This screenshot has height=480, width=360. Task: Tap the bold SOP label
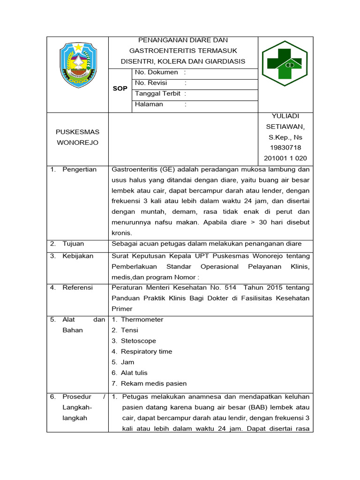[120, 89]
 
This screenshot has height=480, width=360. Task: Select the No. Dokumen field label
[157, 73]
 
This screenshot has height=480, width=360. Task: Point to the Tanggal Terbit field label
[157, 94]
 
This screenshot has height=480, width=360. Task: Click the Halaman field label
[149, 105]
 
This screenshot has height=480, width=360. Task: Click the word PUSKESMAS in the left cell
[77, 132]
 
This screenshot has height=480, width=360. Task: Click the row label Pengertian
[79, 170]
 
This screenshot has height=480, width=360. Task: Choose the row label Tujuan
[73, 244]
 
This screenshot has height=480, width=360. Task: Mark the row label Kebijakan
[78, 256]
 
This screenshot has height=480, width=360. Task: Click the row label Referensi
[77, 288]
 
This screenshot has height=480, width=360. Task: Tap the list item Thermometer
[142, 320]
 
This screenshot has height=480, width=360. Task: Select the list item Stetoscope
[138, 341]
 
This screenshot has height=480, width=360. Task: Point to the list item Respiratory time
[146, 352]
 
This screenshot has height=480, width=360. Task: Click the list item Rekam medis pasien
[154, 383]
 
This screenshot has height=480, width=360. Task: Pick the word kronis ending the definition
[122, 233]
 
